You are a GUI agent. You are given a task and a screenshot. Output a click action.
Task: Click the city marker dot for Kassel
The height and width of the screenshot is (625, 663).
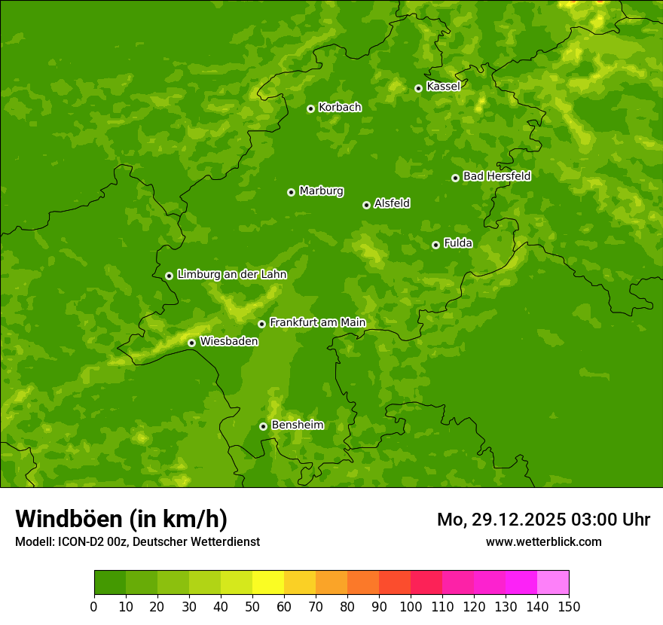pos(418,88)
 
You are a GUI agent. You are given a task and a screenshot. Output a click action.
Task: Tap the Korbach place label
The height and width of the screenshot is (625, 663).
pos(340,107)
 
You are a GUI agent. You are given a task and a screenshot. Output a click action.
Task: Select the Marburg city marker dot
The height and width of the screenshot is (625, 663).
pos(291,192)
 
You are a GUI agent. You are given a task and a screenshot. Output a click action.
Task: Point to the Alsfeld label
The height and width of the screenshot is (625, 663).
pos(392,203)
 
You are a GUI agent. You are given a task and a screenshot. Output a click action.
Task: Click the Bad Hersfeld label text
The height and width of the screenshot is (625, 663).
pos(496,176)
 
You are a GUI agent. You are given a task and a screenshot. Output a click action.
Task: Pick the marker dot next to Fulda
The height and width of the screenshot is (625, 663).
pos(435,245)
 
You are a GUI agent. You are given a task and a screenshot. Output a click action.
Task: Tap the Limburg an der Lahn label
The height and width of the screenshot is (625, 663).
pos(231,275)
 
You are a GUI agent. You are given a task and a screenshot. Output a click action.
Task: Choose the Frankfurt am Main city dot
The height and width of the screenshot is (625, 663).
pos(261,324)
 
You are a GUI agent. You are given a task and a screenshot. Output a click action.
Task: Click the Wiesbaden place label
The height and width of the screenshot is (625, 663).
pos(229,341)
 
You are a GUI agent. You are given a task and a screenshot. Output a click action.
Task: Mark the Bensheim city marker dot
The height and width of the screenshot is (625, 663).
pos(263,426)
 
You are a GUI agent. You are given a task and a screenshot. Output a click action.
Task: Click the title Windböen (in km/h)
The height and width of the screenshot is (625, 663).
pos(121,519)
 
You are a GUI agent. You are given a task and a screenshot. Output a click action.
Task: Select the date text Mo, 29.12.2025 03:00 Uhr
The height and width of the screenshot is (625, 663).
pos(543,520)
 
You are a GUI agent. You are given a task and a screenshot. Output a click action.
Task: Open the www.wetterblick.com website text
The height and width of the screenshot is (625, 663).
pos(543,541)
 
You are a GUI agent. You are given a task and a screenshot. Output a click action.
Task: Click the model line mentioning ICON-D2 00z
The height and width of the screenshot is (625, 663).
pos(137,541)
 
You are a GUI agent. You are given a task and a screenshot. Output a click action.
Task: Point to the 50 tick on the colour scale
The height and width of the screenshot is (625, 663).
pos(252,606)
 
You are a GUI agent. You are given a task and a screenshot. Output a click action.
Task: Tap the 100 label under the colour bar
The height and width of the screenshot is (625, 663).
pos(411,606)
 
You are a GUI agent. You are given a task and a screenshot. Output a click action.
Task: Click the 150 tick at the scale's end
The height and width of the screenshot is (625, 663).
pos(569,606)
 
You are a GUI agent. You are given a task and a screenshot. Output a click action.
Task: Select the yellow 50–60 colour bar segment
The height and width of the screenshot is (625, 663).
pos(268,583)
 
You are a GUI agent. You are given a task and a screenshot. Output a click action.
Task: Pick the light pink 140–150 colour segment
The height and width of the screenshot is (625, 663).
pos(553,583)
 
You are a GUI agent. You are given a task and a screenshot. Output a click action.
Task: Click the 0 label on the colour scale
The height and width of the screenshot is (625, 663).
pos(94,606)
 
